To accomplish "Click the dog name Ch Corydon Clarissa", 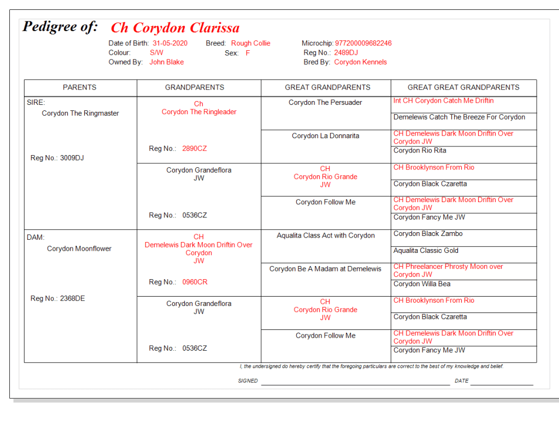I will click(x=175, y=28).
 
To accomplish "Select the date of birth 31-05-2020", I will click(x=170, y=43).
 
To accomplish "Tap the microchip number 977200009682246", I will click(x=363, y=43).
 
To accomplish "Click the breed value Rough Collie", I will click(x=250, y=43).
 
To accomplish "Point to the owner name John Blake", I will click(x=167, y=62).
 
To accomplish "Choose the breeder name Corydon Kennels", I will click(x=360, y=62).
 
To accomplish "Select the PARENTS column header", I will click(x=80, y=87).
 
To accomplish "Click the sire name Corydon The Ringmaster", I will click(x=80, y=114).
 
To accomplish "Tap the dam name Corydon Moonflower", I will click(x=79, y=249).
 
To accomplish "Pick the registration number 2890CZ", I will click(x=195, y=149).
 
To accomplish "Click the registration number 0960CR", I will click(x=195, y=282).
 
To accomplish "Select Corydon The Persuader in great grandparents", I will click(x=325, y=103).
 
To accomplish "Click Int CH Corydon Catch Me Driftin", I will click(x=443, y=101).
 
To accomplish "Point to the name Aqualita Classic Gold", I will click(x=426, y=251).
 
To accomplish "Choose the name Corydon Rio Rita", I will click(x=420, y=151).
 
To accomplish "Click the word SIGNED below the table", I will click(x=248, y=381).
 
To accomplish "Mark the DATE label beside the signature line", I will click(x=461, y=381).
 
